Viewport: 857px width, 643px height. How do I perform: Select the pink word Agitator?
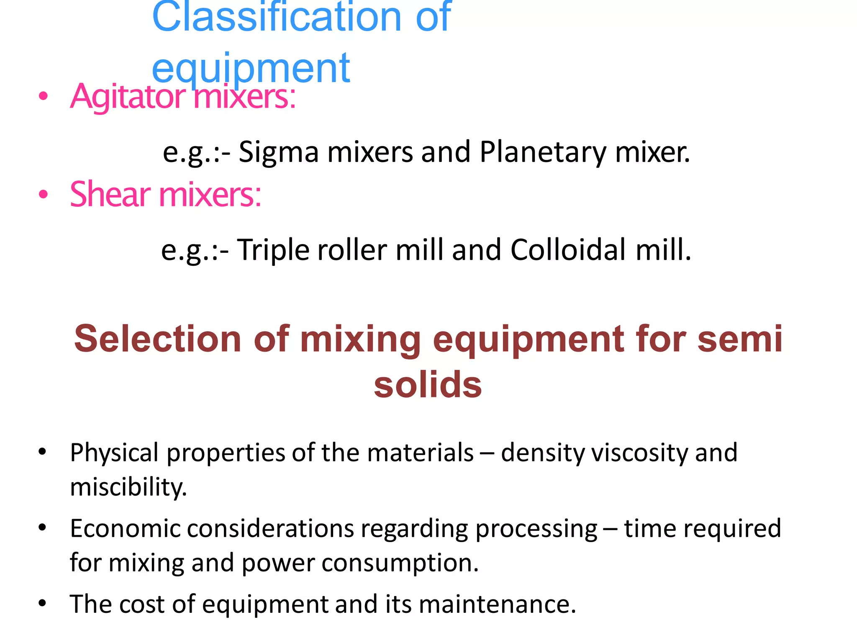(x=128, y=97)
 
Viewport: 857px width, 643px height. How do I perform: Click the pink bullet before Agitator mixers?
(x=43, y=97)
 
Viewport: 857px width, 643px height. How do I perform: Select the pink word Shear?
(x=110, y=195)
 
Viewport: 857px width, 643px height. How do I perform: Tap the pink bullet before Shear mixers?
(x=43, y=195)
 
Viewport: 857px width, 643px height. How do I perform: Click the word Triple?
(x=273, y=250)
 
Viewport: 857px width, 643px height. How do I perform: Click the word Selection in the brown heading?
(x=158, y=339)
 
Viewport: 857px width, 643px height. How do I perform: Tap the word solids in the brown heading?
(x=428, y=385)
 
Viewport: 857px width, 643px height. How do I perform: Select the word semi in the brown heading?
(x=740, y=339)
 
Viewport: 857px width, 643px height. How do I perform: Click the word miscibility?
(x=128, y=487)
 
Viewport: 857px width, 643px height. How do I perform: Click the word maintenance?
(x=497, y=604)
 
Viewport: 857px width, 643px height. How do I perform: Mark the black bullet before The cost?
(x=42, y=604)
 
